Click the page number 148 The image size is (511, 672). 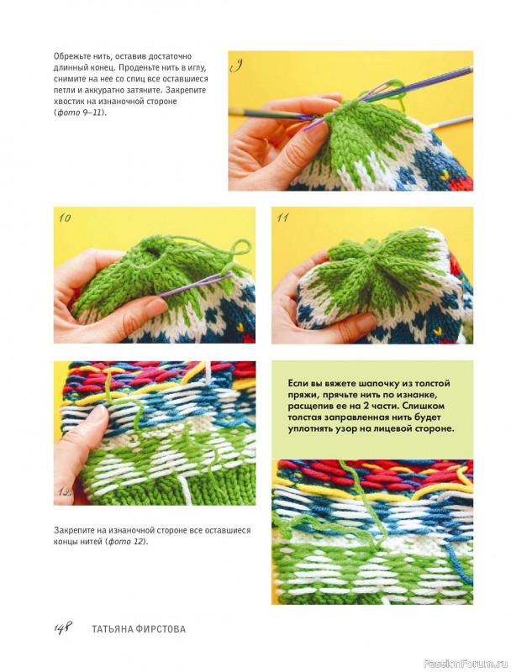(x=62, y=627)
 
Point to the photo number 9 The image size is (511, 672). (x=236, y=66)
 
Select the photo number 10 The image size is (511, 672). (x=65, y=218)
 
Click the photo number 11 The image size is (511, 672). (x=282, y=218)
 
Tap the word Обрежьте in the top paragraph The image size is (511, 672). (x=69, y=56)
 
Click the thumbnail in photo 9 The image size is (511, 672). (x=317, y=133)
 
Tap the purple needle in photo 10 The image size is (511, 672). (x=195, y=286)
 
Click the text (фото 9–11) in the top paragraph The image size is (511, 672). (x=80, y=113)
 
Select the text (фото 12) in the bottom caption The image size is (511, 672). (x=126, y=541)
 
